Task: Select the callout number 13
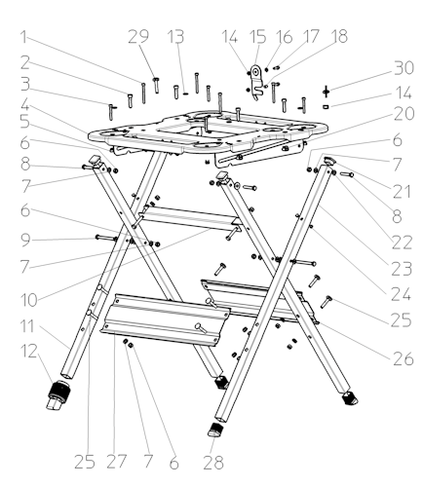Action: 175,36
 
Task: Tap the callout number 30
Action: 404,68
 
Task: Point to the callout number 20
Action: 404,114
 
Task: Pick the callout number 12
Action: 29,352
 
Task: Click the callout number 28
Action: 213,463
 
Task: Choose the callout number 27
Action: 116,462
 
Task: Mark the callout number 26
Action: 404,358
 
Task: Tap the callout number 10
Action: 29,300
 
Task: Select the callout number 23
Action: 402,269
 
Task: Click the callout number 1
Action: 23,37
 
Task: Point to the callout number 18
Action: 339,36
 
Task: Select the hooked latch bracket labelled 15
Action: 257,83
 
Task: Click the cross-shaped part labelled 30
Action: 327,92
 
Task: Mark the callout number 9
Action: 25,240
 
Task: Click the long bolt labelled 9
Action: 106,238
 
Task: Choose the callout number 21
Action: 402,192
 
